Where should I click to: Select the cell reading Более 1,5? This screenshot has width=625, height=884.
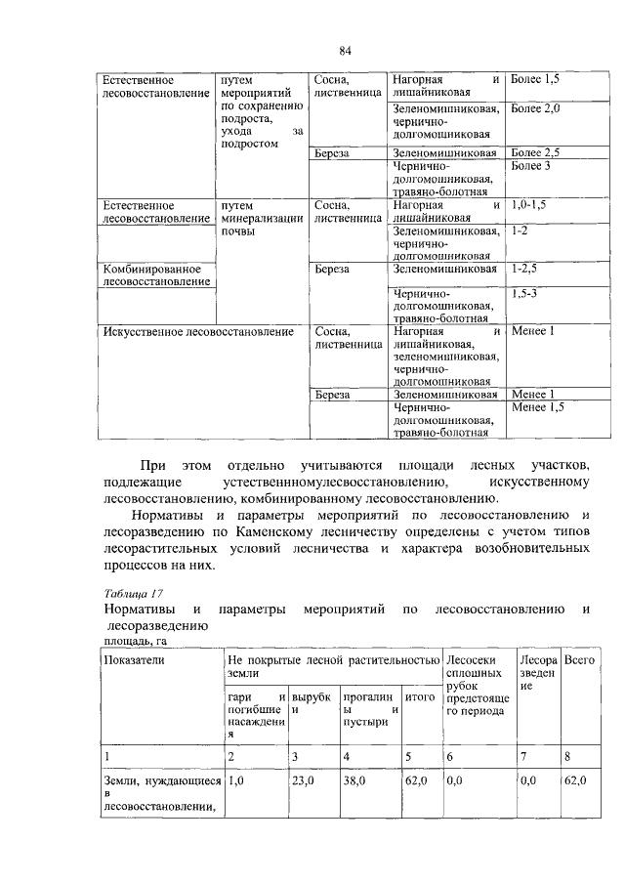pyautogui.click(x=536, y=78)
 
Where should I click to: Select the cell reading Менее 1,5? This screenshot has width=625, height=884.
pyautogui.click(x=538, y=407)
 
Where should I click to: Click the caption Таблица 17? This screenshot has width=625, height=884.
pyautogui.click(x=132, y=593)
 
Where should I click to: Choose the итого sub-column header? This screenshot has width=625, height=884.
pyautogui.click(x=419, y=697)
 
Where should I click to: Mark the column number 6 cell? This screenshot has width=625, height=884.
pyautogui.click(x=450, y=756)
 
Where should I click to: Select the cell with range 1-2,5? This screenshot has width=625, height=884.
pyautogui.click(x=524, y=268)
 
